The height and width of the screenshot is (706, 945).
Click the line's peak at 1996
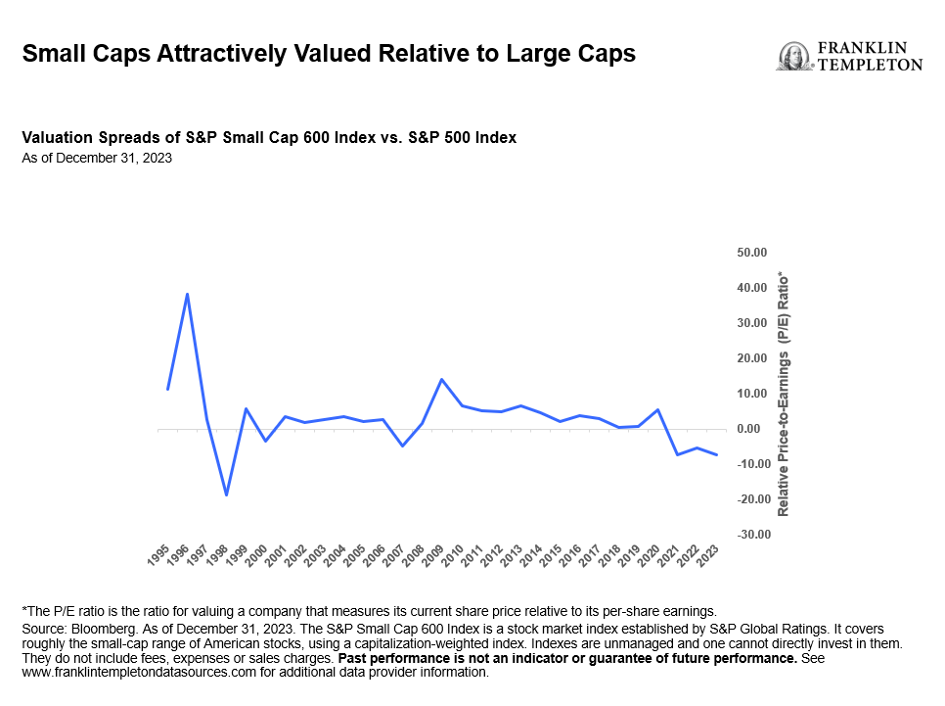187,294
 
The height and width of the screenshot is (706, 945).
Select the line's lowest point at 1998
226,494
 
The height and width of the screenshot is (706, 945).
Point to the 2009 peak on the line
441,379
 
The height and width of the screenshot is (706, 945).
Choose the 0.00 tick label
749,429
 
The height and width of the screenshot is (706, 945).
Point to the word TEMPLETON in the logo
870,65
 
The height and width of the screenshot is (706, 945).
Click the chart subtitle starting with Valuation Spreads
269,138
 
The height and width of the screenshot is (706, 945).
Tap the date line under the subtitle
97,157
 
